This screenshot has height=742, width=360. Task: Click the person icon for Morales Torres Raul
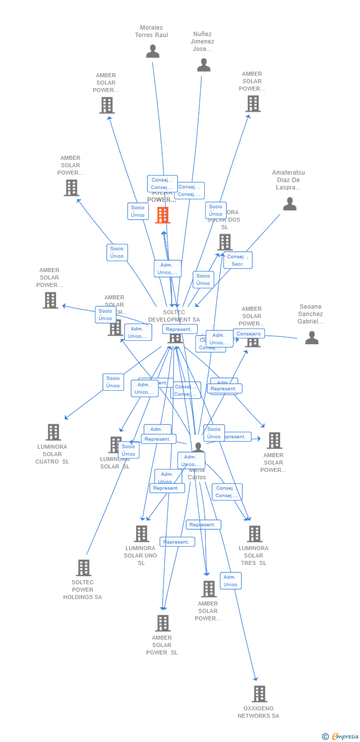point(153,51)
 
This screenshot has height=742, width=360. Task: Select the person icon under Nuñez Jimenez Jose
point(204,65)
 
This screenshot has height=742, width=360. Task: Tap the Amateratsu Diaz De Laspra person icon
point(290,204)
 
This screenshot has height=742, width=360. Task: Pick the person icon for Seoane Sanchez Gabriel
point(312,337)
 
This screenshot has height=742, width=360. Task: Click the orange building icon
point(163,215)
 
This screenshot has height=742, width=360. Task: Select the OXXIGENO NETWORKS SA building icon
point(259,694)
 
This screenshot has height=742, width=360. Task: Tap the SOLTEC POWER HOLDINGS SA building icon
point(84,567)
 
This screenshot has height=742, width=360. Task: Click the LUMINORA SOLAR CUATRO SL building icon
point(53,432)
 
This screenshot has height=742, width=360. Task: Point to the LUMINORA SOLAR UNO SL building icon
point(141,533)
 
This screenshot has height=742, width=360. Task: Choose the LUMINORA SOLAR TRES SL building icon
point(254,533)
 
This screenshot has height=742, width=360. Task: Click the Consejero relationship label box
point(248,334)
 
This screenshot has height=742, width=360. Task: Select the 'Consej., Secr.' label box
point(238,260)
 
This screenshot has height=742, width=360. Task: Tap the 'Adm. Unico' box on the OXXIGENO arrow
point(230,581)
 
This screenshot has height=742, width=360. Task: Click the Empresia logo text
point(345,737)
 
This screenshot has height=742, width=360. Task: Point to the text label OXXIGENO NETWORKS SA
point(258,712)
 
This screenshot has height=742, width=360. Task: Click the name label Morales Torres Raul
point(151,31)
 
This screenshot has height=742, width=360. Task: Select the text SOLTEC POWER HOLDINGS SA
point(83,590)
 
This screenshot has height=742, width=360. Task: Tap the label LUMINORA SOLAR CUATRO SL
point(52,454)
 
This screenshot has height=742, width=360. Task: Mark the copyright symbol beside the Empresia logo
point(325,737)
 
